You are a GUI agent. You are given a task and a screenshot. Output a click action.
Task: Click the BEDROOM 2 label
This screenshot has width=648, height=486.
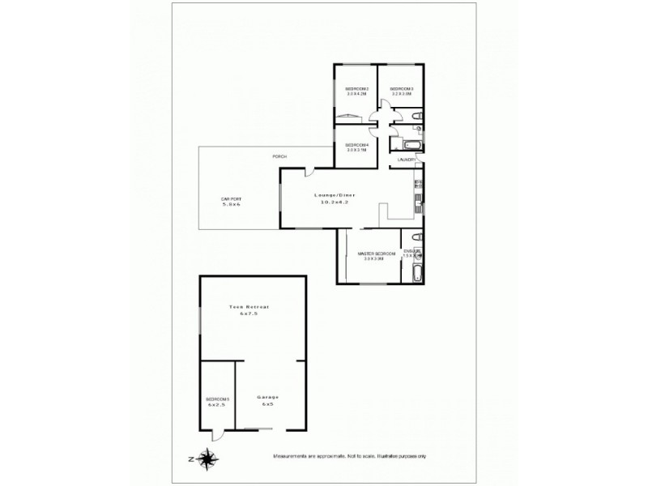(357, 88)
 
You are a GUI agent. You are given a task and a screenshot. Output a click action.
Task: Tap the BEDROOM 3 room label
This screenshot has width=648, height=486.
(403, 88)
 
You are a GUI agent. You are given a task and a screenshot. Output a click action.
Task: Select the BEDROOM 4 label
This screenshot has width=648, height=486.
(357, 145)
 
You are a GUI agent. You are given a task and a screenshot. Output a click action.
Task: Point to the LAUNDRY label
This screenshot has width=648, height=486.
(405, 160)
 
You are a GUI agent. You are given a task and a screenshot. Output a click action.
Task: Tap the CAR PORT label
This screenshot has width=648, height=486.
(232, 198)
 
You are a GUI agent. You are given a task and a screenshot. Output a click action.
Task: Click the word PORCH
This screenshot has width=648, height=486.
(279, 156)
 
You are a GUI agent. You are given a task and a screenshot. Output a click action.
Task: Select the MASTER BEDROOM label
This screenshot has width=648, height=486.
(376, 254)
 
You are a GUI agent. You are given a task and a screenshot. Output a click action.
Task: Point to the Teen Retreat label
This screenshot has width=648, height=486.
(248, 307)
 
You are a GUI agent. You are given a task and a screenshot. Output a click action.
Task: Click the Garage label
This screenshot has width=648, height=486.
(268, 397)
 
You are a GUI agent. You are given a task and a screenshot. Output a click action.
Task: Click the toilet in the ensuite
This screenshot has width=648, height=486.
(416, 237)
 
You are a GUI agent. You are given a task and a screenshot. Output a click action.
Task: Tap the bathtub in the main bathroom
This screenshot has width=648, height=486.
(403, 145)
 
